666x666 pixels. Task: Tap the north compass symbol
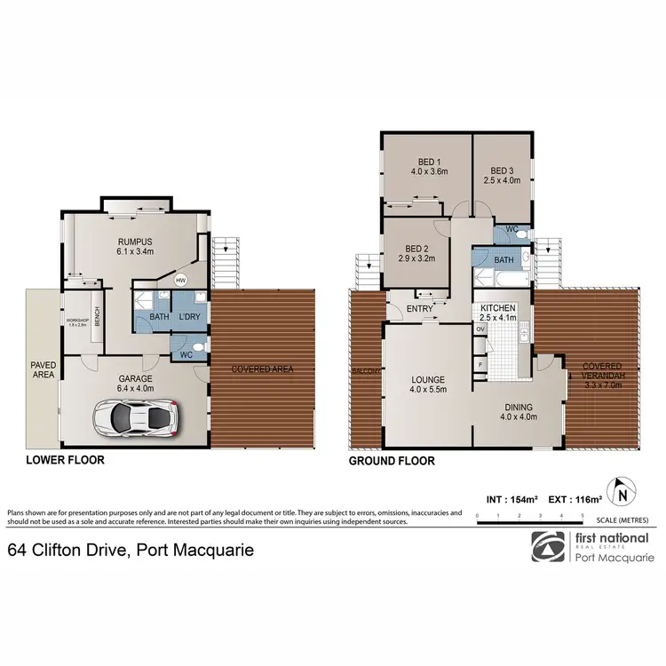622,490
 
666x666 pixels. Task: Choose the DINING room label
519,407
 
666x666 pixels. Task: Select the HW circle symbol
181,281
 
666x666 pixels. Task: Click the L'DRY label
189,317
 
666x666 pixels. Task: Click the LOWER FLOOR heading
65,460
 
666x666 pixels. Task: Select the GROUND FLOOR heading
391,461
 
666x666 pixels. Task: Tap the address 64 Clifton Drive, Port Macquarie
131,551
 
